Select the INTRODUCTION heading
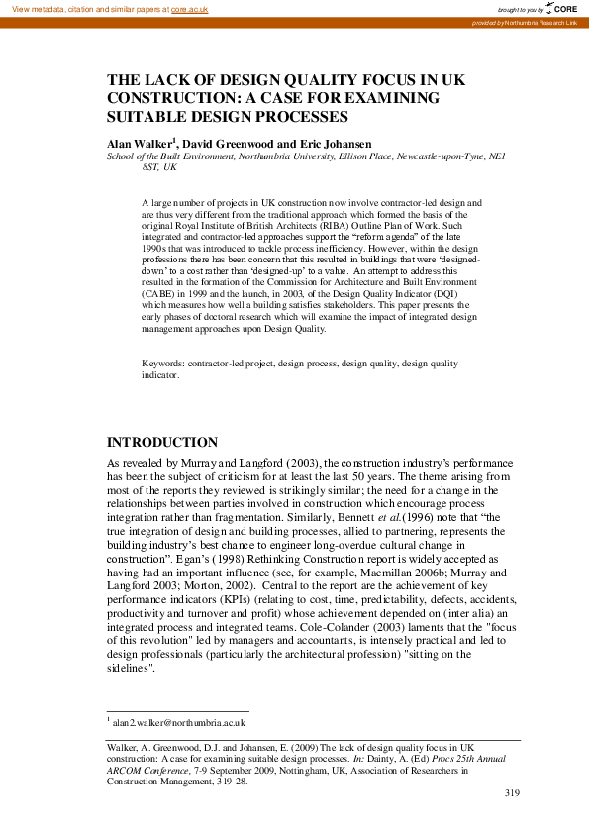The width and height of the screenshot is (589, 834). click(161, 442)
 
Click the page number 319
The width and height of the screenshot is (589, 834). click(512, 792)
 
